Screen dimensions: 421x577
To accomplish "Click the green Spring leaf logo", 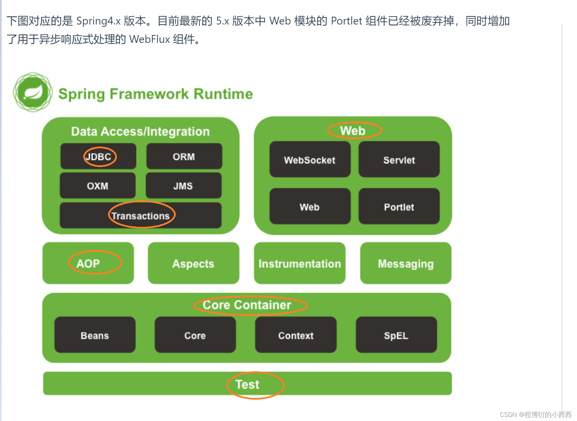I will (x=33, y=92).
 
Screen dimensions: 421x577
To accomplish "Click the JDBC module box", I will (x=99, y=156).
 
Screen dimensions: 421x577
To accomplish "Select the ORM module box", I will (x=184, y=156).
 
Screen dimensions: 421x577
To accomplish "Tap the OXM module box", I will (x=98, y=186).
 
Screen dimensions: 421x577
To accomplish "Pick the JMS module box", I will (x=183, y=186).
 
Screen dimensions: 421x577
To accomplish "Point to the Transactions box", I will (x=140, y=216).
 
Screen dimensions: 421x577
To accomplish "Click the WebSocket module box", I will (x=310, y=159).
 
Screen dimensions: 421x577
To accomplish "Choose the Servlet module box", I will (x=399, y=159).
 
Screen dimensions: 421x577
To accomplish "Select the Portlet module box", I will (x=399, y=206).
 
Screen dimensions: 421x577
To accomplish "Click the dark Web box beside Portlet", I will (x=310, y=206).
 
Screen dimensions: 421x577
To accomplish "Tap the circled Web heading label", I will (x=353, y=131).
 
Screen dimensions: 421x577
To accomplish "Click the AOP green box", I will (x=88, y=263).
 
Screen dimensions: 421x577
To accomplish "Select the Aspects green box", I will (x=193, y=263).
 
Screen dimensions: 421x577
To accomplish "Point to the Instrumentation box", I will (x=299, y=263).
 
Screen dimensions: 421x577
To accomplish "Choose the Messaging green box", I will (x=406, y=263).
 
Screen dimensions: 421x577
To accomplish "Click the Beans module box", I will (x=95, y=335).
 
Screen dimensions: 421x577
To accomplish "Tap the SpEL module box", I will (x=396, y=335).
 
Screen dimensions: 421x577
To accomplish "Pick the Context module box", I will (x=296, y=335).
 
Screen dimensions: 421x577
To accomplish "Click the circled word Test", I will (x=247, y=384).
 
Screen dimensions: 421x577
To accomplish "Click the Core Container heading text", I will (x=247, y=305).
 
